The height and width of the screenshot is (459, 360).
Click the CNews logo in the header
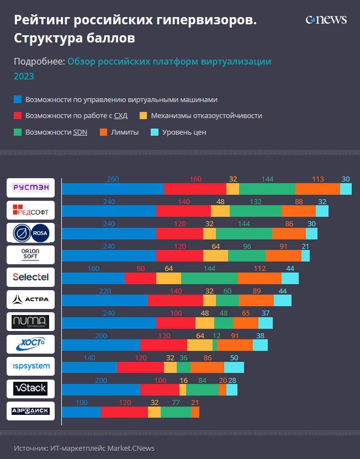(326, 20)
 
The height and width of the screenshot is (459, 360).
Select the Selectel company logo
(31, 277)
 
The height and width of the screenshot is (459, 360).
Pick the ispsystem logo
(31, 366)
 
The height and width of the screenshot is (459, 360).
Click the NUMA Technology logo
(31, 322)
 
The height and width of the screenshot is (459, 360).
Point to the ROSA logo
(31, 233)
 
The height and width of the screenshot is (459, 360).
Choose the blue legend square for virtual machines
(18, 100)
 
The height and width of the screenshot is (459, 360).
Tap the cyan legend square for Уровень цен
(155, 132)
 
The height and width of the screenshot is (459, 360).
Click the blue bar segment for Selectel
(93, 278)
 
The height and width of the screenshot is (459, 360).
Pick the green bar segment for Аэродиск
(176, 412)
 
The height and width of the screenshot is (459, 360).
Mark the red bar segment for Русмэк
(195, 189)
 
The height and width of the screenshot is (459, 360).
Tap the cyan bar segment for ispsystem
(234, 367)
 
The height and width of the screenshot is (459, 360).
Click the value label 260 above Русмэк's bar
(113, 179)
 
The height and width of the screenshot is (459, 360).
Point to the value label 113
(317, 179)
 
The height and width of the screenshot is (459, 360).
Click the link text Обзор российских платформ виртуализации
(169, 62)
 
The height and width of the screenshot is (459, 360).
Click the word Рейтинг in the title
(40, 21)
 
